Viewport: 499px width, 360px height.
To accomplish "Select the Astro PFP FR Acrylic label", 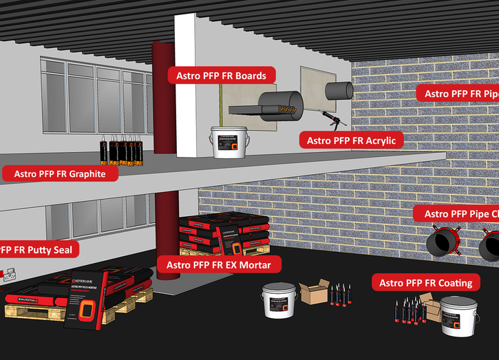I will [x=350, y=140].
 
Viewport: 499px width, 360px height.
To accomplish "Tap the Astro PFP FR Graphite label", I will [x=60, y=174].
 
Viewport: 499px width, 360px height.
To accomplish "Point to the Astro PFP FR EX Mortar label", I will [x=219, y=264].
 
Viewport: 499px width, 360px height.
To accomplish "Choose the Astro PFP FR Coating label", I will [x=425, y=283].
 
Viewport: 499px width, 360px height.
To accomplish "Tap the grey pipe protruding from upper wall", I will [x=339, y=91].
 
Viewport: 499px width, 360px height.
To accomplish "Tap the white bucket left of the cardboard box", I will [x=279, y=301].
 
